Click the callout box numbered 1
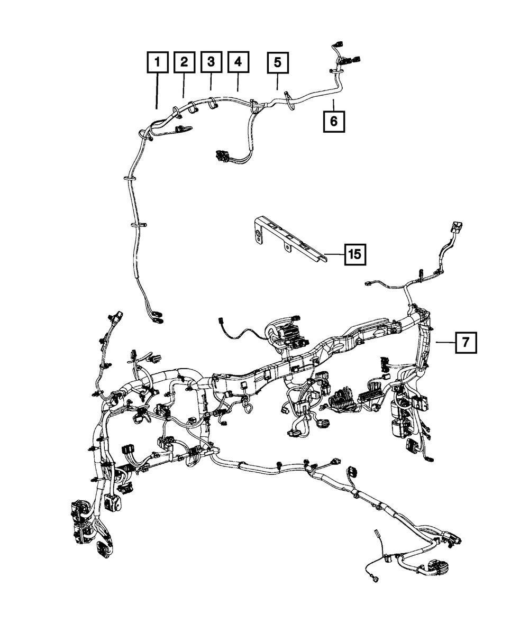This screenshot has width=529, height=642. coord(157,62)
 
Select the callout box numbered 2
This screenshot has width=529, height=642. coord(184,62)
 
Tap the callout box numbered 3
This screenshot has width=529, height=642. coord(211,62)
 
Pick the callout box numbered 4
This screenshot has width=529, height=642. coord(238,62)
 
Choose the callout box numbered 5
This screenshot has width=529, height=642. coord(278,62)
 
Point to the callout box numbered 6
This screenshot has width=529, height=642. coord(334,121)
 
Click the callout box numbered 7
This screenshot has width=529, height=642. coord(465,342)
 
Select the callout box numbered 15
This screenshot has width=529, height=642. coord(354,255)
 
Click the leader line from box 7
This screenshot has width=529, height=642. coord(445,342)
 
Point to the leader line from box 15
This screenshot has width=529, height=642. coord(335,255)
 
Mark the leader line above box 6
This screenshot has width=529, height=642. coord(334,104)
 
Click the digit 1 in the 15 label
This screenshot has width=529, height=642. coord(350,255)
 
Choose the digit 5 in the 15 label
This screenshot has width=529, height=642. coord(358,255)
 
